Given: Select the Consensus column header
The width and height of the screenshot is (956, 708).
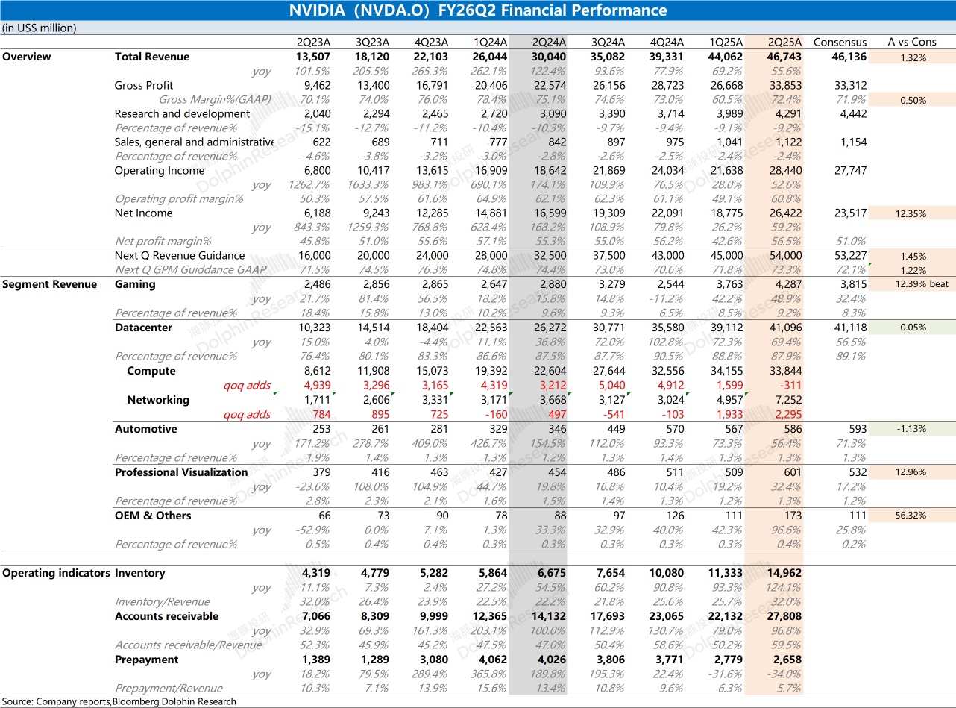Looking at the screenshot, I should (840, 42).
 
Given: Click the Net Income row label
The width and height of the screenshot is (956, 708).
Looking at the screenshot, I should (143, 213).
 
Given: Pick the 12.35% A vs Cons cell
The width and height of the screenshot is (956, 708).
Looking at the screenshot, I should (912, 214).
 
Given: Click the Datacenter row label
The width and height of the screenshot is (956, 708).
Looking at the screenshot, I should (143, 328).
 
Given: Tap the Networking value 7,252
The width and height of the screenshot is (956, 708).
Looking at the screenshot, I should (788, 400).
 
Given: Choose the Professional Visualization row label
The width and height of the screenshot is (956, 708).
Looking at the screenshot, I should (181, 472).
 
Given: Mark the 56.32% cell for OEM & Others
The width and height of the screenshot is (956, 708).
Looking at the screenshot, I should (912, 516).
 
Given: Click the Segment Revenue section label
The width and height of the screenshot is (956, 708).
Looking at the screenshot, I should (49, 284).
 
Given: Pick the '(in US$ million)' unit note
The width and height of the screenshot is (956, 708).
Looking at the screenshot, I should (39, 28).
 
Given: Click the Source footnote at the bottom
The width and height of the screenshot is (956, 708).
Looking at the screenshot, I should (119, 701).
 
